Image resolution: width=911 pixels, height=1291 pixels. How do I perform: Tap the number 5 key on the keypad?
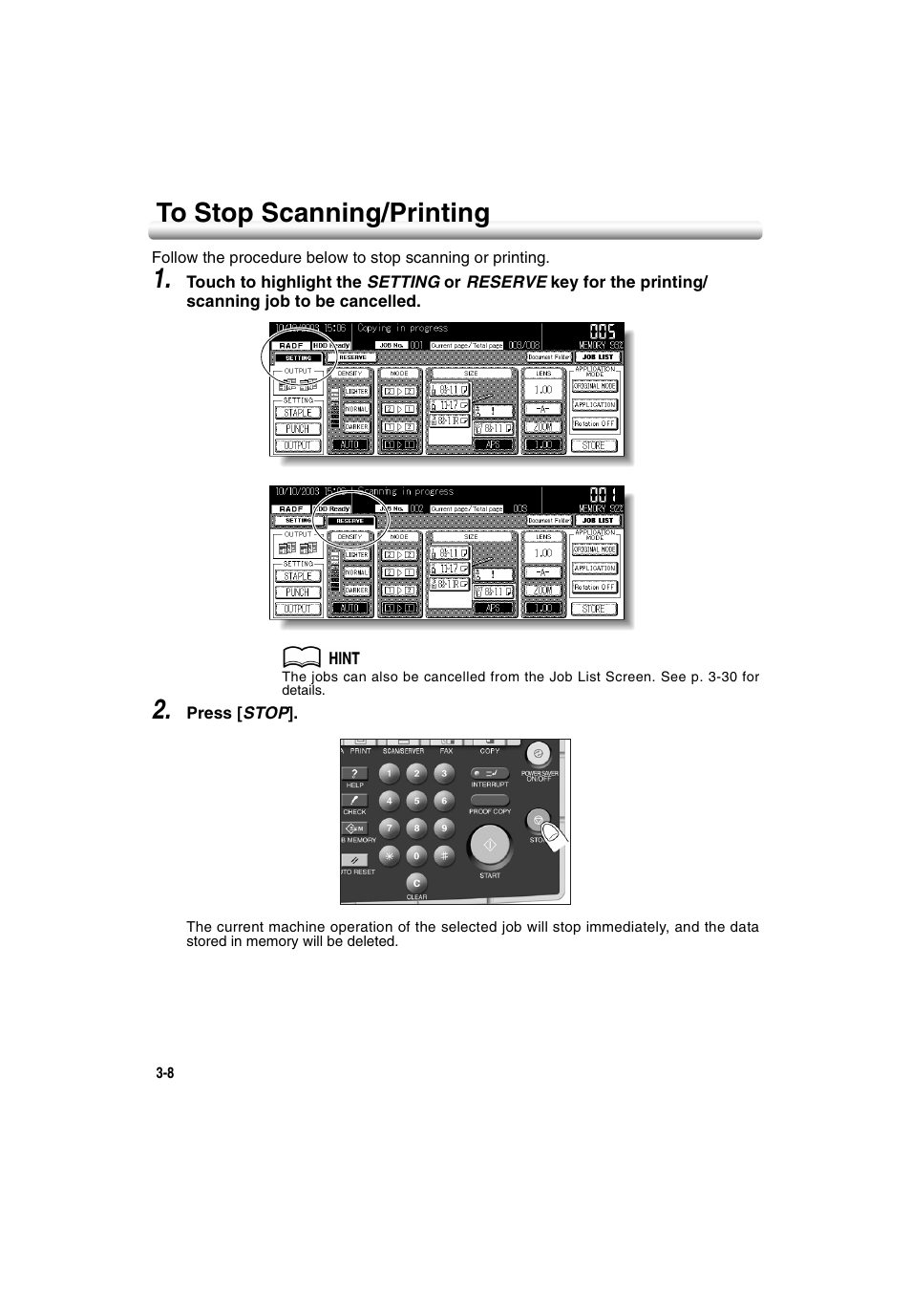[x=416, y=801]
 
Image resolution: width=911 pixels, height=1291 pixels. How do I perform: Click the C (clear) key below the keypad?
[x=416, y=883]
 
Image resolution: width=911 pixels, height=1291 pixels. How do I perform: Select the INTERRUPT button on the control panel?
[x=490, y=774]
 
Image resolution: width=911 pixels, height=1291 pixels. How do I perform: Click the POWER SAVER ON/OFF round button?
[x=540, y=753]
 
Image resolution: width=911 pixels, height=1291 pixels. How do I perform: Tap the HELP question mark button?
[x=354, y=774]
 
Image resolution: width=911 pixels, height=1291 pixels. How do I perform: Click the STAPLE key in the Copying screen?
[x=298, y=413]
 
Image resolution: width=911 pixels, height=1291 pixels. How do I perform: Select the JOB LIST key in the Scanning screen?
[x=598, y=521]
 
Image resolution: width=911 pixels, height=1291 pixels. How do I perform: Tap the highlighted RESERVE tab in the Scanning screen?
[x=350, y=521]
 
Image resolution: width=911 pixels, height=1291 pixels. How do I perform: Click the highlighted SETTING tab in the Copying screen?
[x=298, y=357]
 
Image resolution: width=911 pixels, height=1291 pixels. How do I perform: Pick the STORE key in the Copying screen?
[x=594, y=445]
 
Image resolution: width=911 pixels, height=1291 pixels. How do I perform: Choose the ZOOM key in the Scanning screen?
[x=543, y=592]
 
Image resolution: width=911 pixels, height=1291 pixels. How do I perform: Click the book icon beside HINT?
[x=301, y=657]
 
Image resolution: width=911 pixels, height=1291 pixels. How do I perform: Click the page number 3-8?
[x=165, y=1072]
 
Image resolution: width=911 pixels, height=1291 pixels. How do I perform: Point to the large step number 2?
[x=162, y=710]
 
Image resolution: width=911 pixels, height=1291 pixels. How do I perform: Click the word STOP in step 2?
[x=266, y=713]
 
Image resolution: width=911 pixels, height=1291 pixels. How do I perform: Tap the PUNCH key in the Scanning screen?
[x=298, y=592]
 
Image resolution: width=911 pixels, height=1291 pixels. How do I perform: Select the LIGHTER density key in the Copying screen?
[x=356, y=391]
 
